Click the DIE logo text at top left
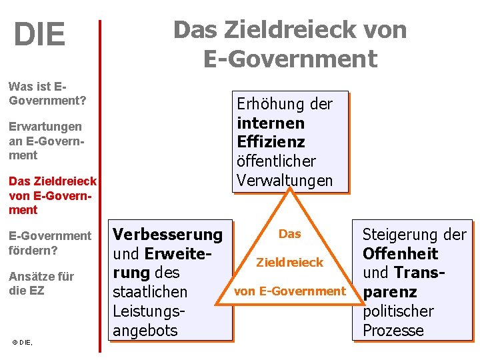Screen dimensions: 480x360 (39, 35)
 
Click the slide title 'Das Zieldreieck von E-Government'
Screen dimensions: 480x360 (290, 44)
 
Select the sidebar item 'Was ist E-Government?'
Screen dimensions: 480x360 (47, 93)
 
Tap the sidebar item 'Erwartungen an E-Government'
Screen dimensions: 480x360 (45, 141)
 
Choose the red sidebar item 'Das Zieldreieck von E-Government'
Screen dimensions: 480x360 (53, 195)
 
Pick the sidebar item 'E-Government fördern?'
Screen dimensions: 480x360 (50, 243)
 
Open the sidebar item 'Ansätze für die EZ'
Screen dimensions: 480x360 (41, 283)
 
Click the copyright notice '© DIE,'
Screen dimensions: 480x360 (22, 342)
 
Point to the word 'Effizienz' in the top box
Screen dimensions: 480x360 (271, 142)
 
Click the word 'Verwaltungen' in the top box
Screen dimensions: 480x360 (284, 180)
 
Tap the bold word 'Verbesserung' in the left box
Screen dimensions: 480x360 (167, 235)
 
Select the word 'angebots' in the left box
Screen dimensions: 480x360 (145, 330)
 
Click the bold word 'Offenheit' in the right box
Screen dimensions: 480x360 (400, 254)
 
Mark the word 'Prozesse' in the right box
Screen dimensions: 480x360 (393, 330)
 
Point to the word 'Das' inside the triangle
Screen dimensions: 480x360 (290, 234)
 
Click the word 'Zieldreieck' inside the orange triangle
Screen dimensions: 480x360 (290, 263)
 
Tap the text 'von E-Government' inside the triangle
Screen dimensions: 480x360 (290, 291)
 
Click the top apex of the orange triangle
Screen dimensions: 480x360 (290, 190)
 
